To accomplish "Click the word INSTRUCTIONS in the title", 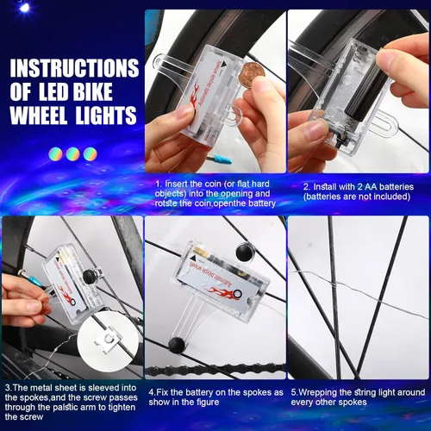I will [x=73, y=67].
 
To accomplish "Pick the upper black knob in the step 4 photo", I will [x=242, y=252].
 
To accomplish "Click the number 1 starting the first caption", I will [x=158, y=184].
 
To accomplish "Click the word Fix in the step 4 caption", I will [x=162, y=392].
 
